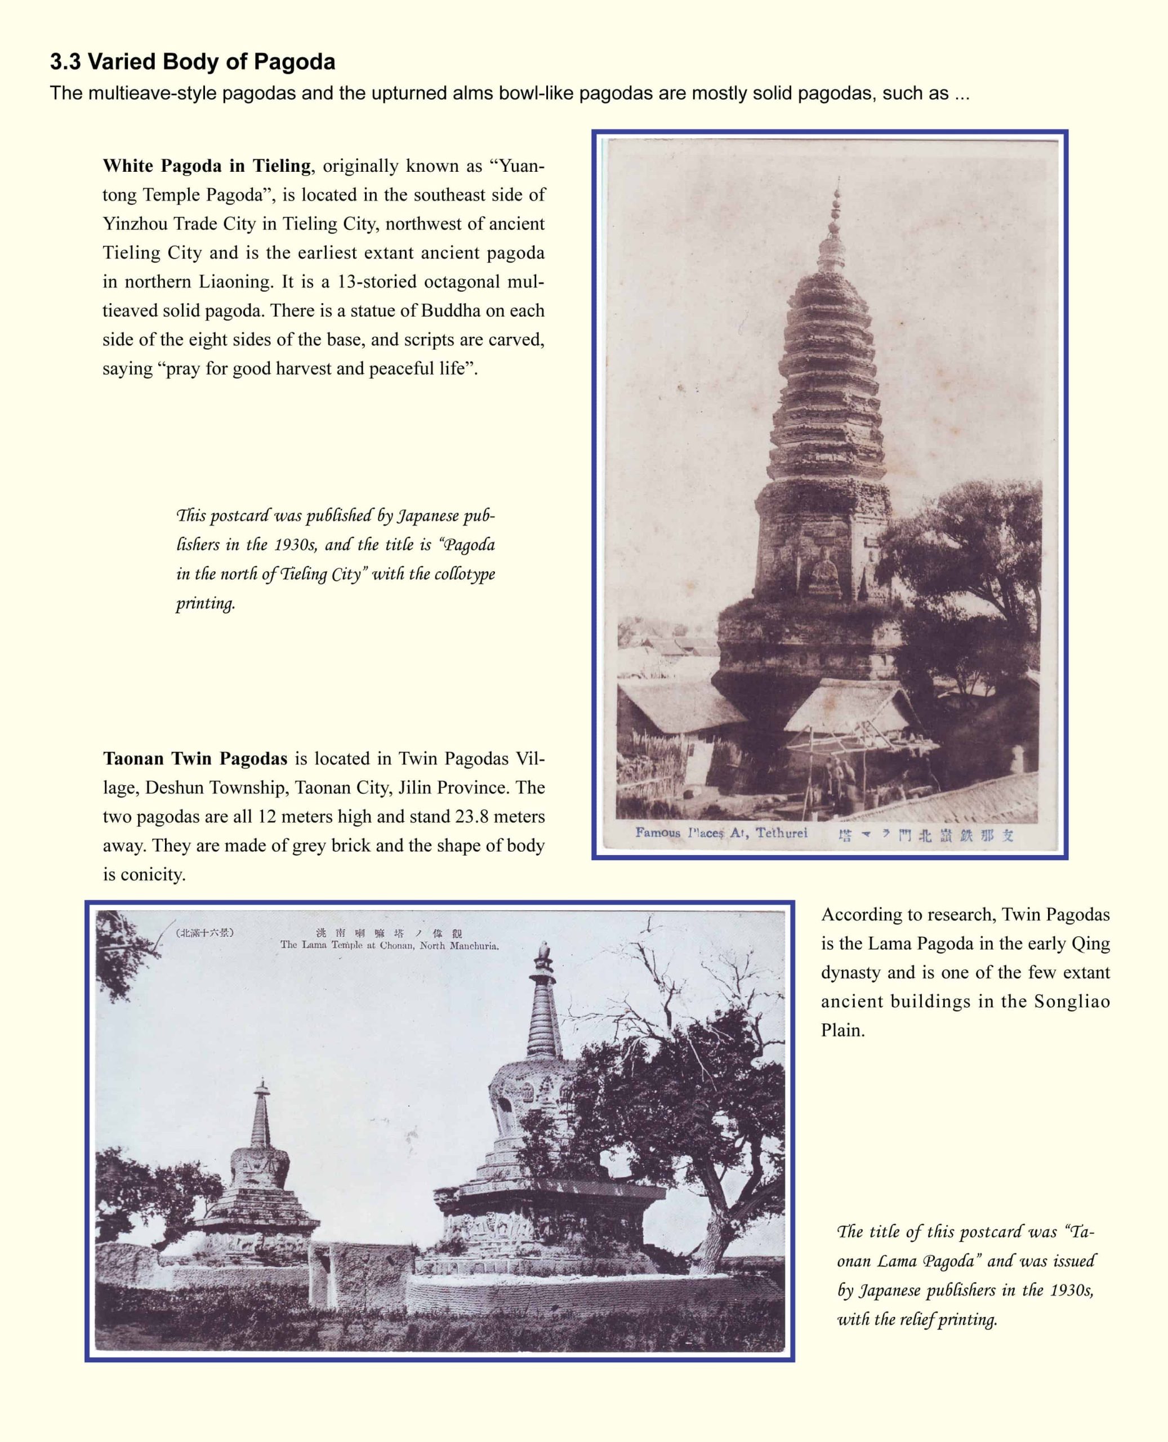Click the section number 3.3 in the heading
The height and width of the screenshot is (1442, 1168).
[x=65, y=62]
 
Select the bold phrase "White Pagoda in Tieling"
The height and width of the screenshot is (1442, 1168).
[x=207, y=166]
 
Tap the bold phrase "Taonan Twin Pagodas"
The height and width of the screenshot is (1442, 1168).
[x=195, y=758]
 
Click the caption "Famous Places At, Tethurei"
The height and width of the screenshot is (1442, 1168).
[x=721, y=833]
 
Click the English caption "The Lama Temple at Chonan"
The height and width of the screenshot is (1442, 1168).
[x=389, y=945]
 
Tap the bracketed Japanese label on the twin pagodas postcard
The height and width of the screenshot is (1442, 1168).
[x=204, y=933]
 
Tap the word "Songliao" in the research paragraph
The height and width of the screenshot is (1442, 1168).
[x=1072, y=1002]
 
